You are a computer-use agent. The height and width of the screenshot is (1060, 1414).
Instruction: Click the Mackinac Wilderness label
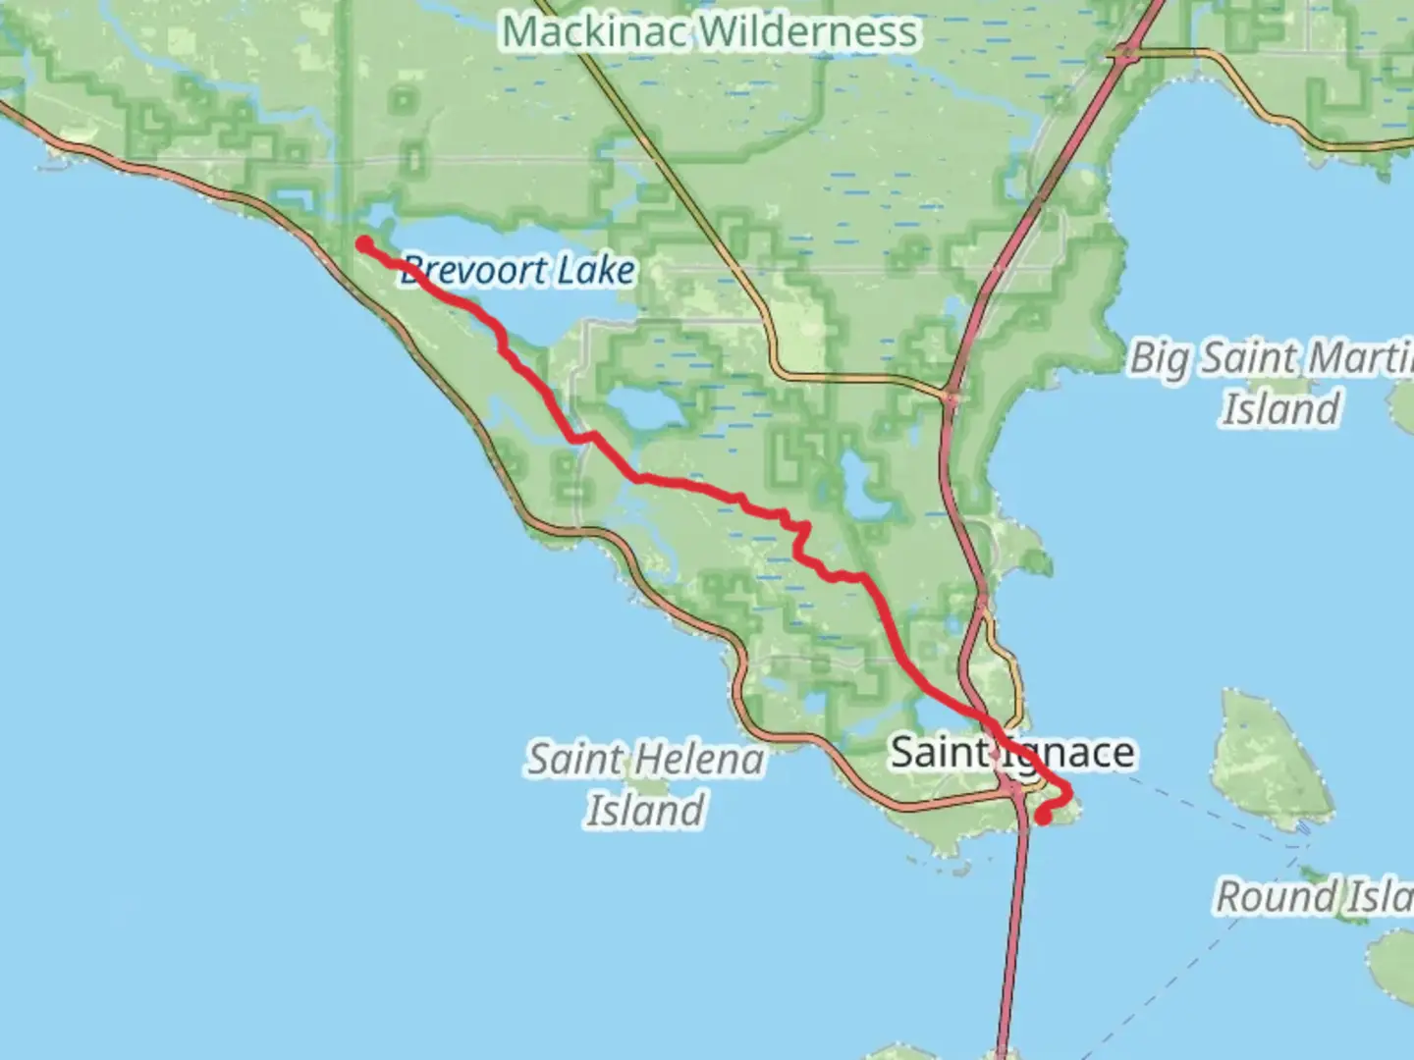pyautogui.click(x=710, y=31)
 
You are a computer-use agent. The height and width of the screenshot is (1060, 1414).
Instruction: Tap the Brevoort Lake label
pyautogui.click(x=517, y=270)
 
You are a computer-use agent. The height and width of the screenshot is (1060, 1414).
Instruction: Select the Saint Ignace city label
pyautogui.click(x=1011, y=753)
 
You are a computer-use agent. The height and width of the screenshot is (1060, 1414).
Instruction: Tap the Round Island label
pyautogui.click(x=1314, y=896)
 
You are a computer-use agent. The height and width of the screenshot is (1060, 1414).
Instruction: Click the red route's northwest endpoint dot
pyautogui.click(x=364, y=243)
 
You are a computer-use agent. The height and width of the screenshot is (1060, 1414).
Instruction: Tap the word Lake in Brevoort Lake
pyautogui.click(x=596, y=270)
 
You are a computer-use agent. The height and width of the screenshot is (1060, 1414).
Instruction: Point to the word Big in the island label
pyautogui.click(x=1160, y=358)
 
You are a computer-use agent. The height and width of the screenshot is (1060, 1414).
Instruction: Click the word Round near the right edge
pyautogui.click(x=1276, y=896)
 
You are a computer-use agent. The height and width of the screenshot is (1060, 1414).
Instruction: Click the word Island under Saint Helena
pyautogui.click(x=645, y=811)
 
